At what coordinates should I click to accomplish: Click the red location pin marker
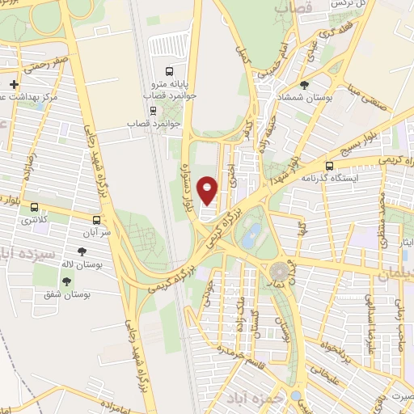coord(208,191)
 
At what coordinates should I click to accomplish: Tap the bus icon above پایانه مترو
coord(169,71)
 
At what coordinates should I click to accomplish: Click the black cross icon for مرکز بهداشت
coord(14,84)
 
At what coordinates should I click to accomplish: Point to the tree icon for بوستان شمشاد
coord(304,84)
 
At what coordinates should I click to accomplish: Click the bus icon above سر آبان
coord(97,219)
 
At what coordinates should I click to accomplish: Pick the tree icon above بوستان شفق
coord(66,281)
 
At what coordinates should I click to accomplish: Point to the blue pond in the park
coord(251,235)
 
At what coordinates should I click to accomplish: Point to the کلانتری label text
coord(36,220)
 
